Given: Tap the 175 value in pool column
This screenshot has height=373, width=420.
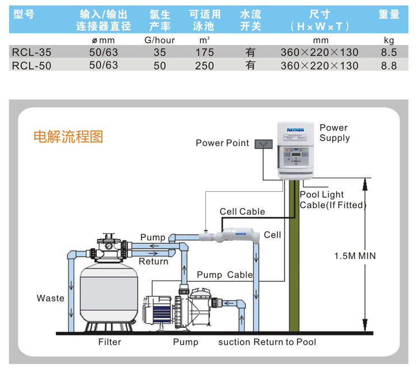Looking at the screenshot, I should (204, 53).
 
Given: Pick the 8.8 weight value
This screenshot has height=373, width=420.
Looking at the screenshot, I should (389, 65).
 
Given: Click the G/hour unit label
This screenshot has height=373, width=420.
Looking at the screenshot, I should (160, 40).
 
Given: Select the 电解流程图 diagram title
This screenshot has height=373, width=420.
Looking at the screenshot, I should (68, 137).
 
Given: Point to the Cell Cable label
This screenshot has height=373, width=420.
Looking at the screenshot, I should (242, 211).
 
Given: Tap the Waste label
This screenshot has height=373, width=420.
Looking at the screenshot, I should (50, 298).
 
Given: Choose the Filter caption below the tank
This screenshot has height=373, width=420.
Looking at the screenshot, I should (109, 342).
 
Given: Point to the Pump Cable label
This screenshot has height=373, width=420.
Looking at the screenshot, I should (225, 275).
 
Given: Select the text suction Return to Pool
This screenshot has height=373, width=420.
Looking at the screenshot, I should (267, 342).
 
